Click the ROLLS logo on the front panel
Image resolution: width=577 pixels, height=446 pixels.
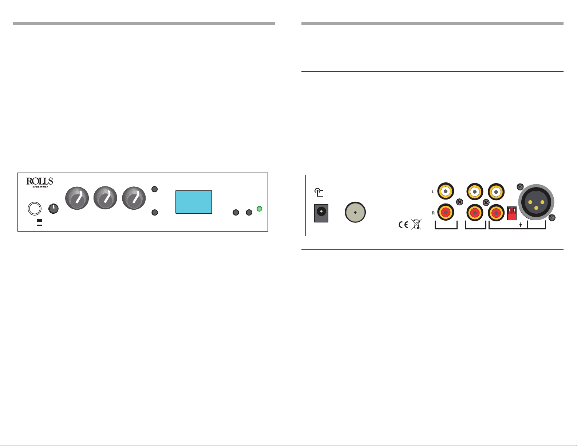point(40,181)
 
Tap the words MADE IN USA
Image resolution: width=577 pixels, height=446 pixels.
point(40,187)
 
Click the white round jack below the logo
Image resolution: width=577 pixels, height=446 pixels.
point(35,208)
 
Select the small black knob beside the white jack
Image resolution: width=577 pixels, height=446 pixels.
point(54,209)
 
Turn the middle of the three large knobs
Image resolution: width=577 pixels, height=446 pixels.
point(106,198)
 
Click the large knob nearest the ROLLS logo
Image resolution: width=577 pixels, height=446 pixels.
point(77,198)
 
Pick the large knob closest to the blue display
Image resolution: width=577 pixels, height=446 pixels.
point(134,198)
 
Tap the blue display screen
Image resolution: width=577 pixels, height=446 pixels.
point(194,202)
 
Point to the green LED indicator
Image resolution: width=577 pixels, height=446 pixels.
point(260,209)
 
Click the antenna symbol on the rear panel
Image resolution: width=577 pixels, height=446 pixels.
point(319,193)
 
